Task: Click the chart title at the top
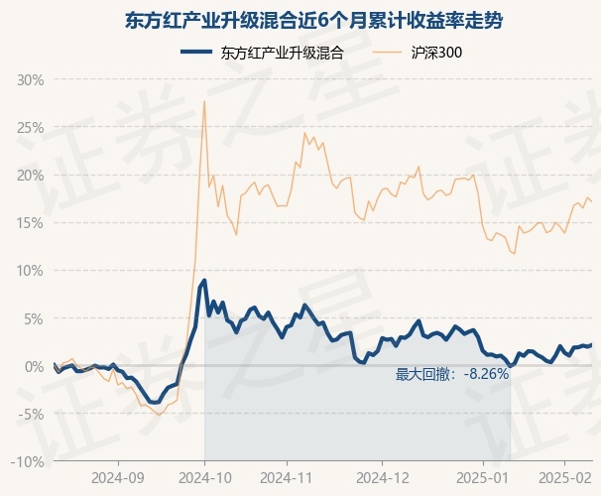click(x=313, y=21)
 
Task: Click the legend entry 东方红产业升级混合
click(x=262, y=53)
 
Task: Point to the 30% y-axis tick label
click(x=31, y=80)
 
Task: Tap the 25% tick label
click(x=31, y=128)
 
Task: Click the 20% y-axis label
click(x=31, y=176)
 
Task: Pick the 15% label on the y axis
click(x=31, y=223)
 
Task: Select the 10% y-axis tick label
click(x=31, y=271)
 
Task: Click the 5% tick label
click(x=34, y=318)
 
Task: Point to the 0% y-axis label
click(x=34, y=367)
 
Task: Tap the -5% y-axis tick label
click(x=32, y=415)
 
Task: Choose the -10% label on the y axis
click(x=28, y=462)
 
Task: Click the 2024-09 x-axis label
click(x=118, y=478)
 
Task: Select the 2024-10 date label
click(x=205, y=478)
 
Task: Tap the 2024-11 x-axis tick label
click(x=287, y=478)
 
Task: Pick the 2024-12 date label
click(x=383, y=478)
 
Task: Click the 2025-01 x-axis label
click(x=483, y=478)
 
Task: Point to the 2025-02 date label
click(x=565, y=478)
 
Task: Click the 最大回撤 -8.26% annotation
click(x=452, y=374)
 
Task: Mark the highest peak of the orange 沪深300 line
click(x=204, y=101)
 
